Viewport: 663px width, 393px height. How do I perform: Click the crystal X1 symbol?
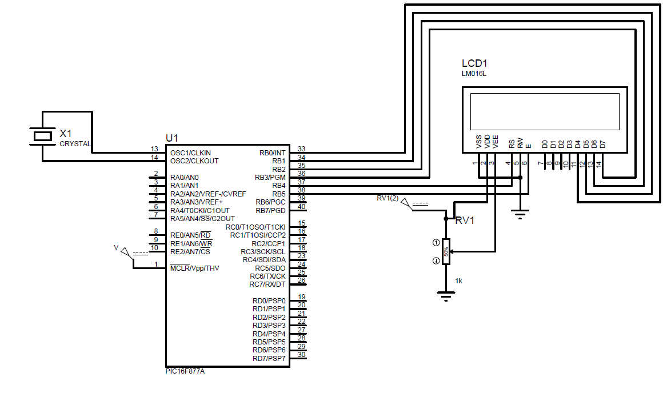(43, 136)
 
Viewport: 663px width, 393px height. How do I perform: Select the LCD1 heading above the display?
(474, 63)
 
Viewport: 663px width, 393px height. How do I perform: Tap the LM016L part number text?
(474, 74)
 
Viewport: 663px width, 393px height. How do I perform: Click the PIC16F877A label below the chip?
(185, 371)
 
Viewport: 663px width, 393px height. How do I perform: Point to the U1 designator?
(171, 138)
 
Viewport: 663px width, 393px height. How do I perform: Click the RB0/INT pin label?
(272, 153)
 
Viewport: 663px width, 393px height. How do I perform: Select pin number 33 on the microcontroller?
(301, 149)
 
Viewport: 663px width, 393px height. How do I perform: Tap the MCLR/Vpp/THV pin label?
(194, 268)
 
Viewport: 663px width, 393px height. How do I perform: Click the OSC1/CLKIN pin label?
(190, 153)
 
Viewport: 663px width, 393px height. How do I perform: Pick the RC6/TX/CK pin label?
(267, 276)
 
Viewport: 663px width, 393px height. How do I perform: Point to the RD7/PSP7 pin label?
(269, 359)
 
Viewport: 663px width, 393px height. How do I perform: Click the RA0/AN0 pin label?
(185, 178)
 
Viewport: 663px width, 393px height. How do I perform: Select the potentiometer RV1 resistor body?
(446, 252)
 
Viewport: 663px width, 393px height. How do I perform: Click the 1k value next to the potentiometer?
(459, 281)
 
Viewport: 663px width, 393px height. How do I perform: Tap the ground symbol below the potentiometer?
(446, 296)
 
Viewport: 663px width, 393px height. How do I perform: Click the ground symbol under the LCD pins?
(520, 214)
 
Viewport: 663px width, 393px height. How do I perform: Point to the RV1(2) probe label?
(388, 198)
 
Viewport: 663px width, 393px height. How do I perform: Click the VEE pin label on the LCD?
(496, 142)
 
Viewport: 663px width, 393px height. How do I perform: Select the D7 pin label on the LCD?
(602, 144)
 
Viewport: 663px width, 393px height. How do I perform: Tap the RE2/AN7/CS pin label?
(190, 252)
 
